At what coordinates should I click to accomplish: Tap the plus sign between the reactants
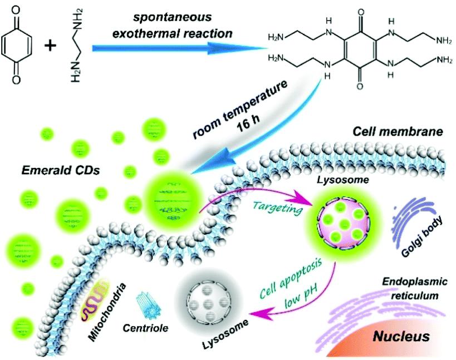53,45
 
